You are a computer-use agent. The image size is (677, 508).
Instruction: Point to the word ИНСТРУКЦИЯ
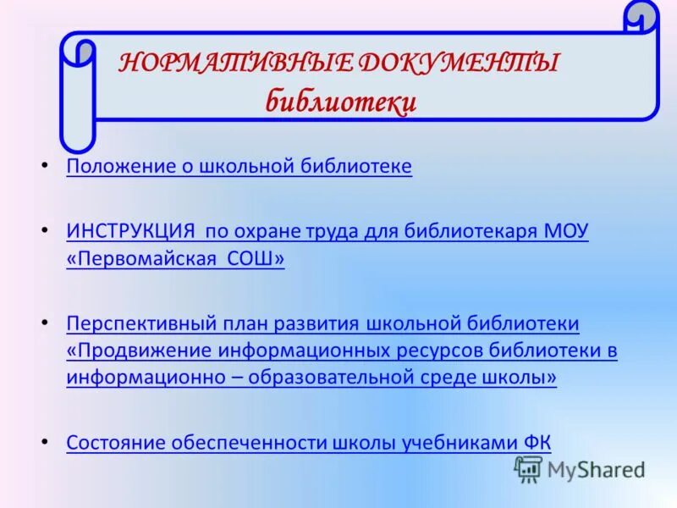[x=130, y=231]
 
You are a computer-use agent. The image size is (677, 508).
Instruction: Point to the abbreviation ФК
[x=538, y=442]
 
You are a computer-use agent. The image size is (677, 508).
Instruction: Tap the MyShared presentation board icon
[x=529, y=469]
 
